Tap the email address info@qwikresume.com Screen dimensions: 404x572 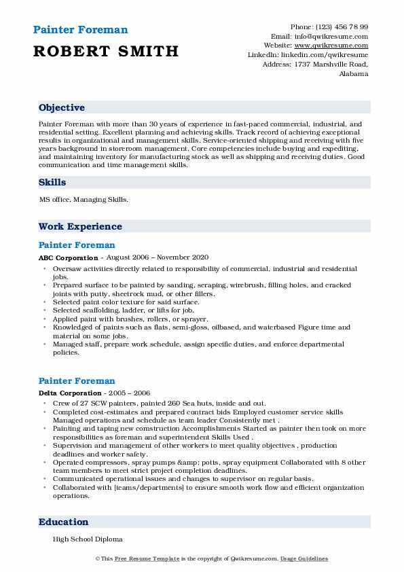[333, 36]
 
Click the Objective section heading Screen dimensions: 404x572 [62, 108]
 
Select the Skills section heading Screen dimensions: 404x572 [52, 183]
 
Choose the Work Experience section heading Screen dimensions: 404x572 [80, 226]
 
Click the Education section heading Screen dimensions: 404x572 [64, 522]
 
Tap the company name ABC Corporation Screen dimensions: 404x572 [69, 258]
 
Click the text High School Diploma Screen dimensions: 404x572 [88, 539]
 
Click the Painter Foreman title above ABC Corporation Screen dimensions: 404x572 [77, 245]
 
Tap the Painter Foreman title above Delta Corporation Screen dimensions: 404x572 [77, 381]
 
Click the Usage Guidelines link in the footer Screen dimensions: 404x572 [305, 558]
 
